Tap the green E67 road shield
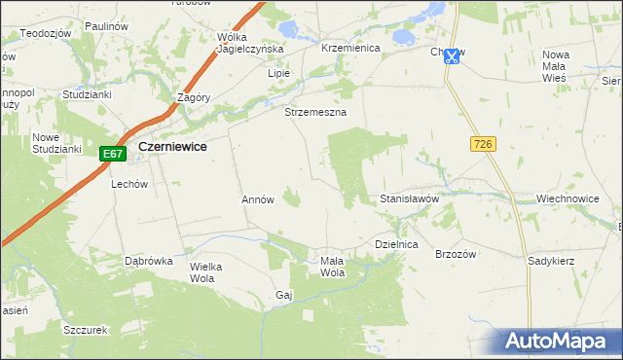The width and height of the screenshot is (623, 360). point(113,154)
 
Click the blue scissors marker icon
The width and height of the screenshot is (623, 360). point(451,56)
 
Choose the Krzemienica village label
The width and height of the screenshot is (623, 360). point(349,47)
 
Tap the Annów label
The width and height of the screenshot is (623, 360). point(258,199)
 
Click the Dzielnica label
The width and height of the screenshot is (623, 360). point(396,245)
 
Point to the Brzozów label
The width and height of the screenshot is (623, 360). point(455,254)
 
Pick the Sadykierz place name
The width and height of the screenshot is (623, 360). point(551,261)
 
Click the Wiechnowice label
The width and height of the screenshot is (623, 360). point(567,198)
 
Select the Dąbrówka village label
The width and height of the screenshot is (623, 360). point(148,261)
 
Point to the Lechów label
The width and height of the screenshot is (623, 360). point(128,183)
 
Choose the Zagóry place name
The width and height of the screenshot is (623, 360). point(195,97)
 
